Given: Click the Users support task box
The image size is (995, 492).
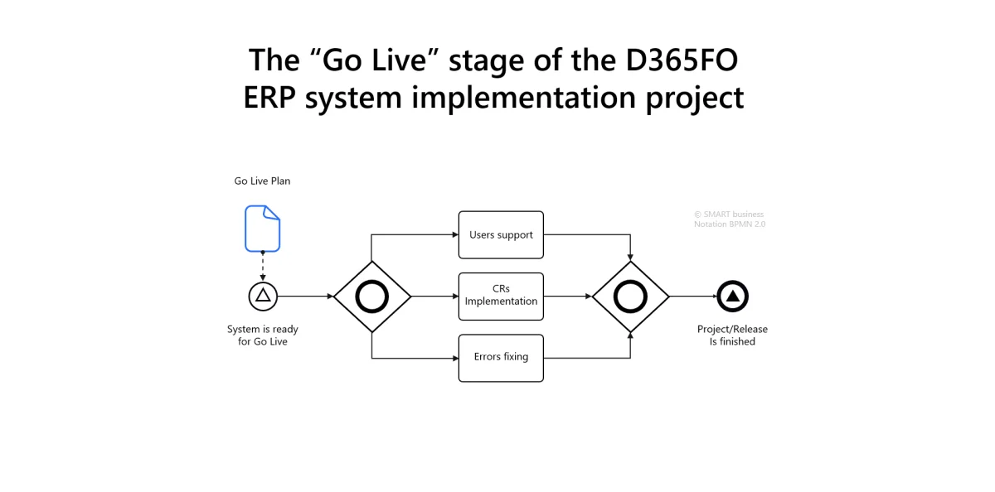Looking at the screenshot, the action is click(501, 234).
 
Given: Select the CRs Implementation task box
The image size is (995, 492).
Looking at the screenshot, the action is click(501, 296).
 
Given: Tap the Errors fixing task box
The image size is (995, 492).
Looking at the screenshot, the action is click(501, 357).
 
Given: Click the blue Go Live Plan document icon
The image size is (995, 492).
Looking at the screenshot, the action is click(262, 228).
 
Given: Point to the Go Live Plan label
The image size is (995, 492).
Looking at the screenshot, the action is click(262, 181).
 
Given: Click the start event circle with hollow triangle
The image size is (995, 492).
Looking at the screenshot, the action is click(263, 296).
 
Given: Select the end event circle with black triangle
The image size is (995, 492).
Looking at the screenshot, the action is click(733, 296).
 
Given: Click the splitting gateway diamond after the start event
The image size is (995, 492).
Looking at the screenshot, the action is click(372, 297).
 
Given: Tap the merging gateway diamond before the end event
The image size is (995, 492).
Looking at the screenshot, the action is click(630, 297).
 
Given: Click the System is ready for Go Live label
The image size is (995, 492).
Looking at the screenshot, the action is click(262, 335).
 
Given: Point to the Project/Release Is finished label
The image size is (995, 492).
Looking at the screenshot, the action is click(732, 335).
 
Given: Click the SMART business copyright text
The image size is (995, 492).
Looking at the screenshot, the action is click(729, 215).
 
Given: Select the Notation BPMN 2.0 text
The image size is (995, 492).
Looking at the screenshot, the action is click(729, 224).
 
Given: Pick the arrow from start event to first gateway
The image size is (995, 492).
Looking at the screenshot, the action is click(305, 296).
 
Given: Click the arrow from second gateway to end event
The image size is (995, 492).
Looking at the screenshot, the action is click(692, 296).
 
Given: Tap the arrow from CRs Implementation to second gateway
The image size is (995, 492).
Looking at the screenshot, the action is click(568, 296).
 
